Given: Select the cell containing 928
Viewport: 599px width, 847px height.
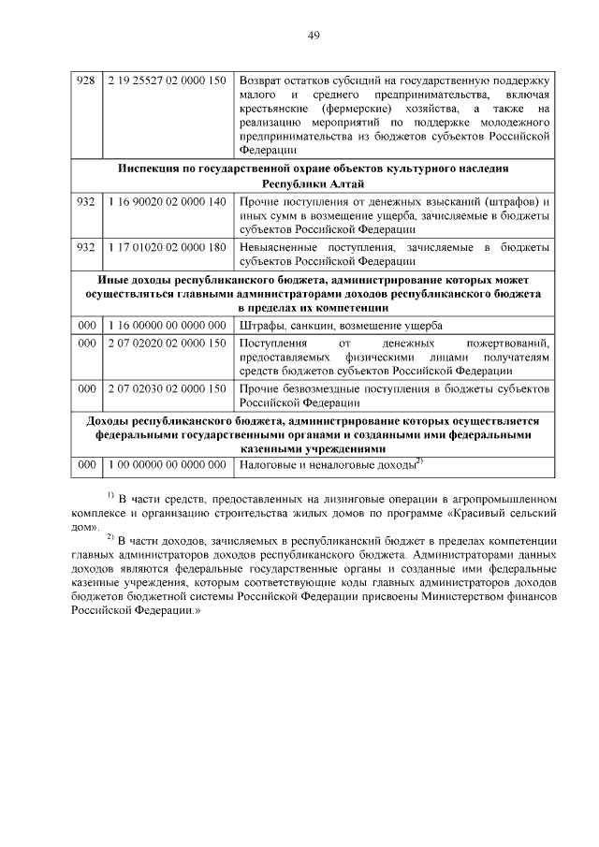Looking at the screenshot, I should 86,81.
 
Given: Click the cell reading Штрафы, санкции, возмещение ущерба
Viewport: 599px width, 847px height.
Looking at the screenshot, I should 341,325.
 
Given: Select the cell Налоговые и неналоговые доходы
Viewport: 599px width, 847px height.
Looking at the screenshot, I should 328,464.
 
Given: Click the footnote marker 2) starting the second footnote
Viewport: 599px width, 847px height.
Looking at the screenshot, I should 110,536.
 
